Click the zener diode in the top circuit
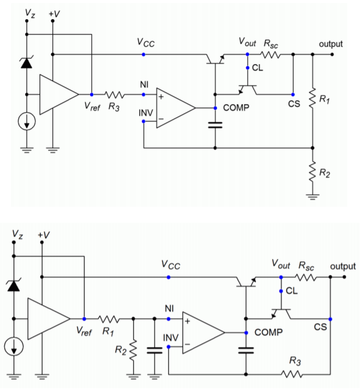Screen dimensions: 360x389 [27, 63]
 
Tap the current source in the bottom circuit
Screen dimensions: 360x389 [14, 346]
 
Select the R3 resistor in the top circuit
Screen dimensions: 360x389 [115, 94]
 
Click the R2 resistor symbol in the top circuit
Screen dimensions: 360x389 [313, 171]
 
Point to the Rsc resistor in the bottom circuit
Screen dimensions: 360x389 [306, 277]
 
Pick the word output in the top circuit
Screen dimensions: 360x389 [331, 44]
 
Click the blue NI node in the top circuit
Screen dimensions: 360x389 [144, 94]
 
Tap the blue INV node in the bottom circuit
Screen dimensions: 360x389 [168, 346]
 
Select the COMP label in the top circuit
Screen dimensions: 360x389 [236, 108]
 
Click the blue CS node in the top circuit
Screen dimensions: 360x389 [293, 94]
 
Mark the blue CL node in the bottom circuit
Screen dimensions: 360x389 [281, 291]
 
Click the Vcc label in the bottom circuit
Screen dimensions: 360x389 [171, 265]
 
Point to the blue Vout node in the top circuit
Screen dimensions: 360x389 [247, 54]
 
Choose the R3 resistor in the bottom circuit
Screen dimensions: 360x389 [292, 374]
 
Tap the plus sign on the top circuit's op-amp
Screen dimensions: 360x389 [161, 97]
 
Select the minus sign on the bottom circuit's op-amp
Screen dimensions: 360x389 [187, 344]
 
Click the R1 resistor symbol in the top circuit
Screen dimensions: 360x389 [313, 98]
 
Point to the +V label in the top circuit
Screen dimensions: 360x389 [54, 14]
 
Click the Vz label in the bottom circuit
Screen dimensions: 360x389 [17, 234]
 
